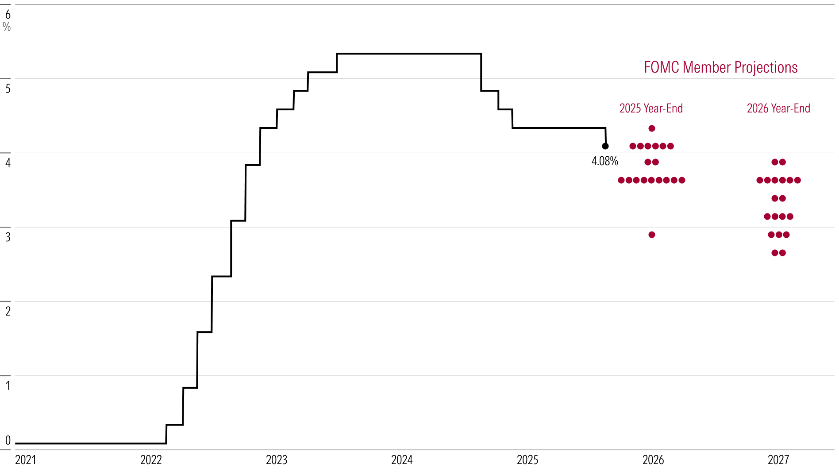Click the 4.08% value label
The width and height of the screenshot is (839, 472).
604,161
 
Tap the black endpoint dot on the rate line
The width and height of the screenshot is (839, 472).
605,146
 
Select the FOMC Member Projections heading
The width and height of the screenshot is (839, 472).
720,67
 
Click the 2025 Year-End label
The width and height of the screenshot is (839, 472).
651,108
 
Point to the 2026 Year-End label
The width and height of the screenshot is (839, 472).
778,108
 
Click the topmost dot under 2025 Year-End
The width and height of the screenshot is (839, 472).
652,128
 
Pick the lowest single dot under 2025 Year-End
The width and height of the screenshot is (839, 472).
652,235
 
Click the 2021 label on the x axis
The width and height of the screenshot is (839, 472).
26,460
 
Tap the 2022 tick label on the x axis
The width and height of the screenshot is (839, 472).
151,460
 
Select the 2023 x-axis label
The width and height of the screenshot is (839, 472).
277,460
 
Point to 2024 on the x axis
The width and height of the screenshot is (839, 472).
402,460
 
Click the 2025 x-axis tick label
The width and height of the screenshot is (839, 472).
527,460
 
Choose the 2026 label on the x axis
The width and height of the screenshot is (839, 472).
653,460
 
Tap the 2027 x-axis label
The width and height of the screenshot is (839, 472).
778,460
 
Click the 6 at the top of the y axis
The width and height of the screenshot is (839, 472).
8,15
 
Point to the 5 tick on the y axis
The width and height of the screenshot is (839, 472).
8,89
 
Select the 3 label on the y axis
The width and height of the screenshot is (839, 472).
8,237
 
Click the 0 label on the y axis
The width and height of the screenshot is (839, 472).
8,441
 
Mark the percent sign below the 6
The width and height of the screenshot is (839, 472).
7,27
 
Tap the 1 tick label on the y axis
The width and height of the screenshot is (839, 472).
8,385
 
